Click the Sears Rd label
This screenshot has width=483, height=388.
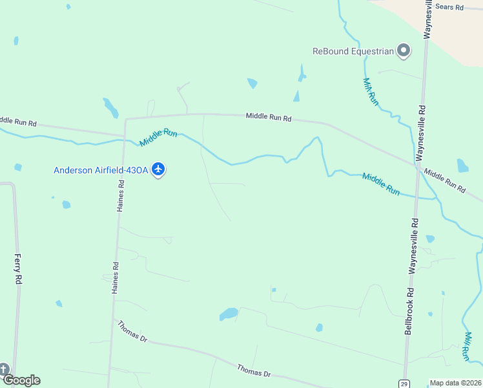click(449, 7)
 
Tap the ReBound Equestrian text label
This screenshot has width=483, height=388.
click(353, 52)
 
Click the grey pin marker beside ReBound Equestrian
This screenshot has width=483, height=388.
click(404, 50)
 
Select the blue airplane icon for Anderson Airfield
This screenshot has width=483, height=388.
click(159, 170)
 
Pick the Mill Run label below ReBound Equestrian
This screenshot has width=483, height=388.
click(369, 92)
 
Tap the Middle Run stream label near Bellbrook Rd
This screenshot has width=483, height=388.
click(381, 184)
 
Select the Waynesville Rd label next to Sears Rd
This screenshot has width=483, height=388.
click(427, 19)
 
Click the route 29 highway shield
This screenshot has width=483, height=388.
click(403, 383)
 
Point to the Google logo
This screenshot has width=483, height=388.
click(21, 380)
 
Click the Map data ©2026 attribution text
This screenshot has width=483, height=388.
click(455, 383)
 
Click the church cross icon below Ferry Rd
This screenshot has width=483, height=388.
click(3, 370)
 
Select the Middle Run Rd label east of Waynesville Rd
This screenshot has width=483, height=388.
click(445, 182)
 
